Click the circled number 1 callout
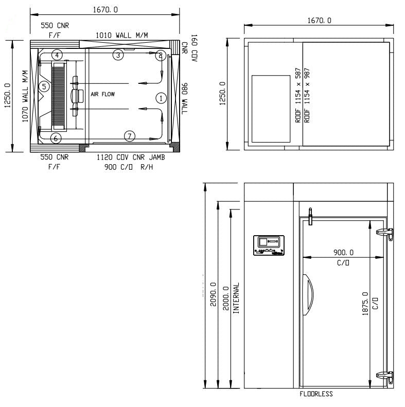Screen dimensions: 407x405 pyautogui.click(x=161, y=97)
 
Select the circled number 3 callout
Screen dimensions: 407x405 pyautogui.click(x=118, y=55)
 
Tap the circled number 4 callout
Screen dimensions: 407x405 pyautogui.click(x=57, y=55)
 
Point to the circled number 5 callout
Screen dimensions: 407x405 pyautogui.click(x=44, y=86)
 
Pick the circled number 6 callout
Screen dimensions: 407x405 pyautogui.click(x=56, y=138)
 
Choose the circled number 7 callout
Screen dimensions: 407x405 pyautogui.click(x=130, y=136)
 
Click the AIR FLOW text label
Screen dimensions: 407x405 pyautogui.click(x=103, y=95)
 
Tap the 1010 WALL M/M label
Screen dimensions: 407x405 pyautogui.click(x=122, y=35)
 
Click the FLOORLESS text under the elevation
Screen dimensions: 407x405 pyautogui.click(x=316, y=394)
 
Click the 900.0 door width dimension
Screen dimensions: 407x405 pyautogui.click(x=343, y=253)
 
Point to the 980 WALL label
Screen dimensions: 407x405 pyautogui.click(x=184, y=99)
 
